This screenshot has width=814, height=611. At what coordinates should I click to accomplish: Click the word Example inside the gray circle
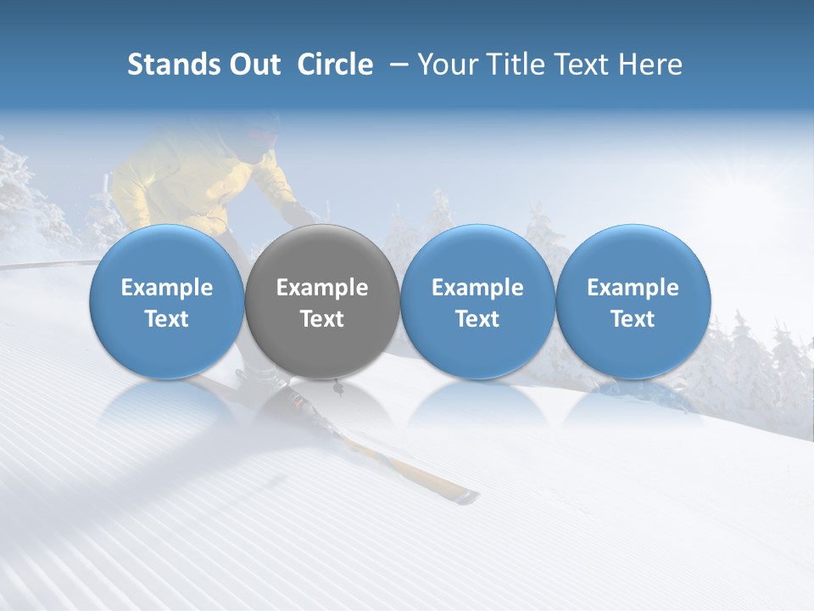[322, 288]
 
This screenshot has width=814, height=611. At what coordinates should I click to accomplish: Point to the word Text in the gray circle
[322, 319]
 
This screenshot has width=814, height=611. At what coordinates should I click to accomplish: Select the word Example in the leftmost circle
[167, 288]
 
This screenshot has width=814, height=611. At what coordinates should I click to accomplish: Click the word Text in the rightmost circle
[633, 319]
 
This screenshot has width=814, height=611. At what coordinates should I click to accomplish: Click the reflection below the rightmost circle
[633, 403]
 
